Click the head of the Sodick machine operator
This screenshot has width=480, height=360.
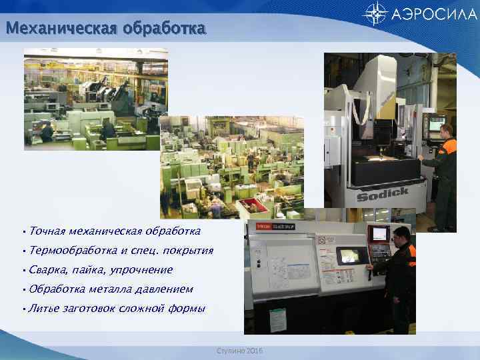[x=447, y=130]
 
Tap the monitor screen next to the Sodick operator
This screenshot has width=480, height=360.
[x=437, y=124]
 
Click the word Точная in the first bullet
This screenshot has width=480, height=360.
[x=47, y=231]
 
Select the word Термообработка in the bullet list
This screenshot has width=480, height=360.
[x=73, y=251]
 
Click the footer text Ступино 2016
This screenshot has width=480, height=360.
[x=239, y=350]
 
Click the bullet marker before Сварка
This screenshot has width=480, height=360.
[x=24, y=270]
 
